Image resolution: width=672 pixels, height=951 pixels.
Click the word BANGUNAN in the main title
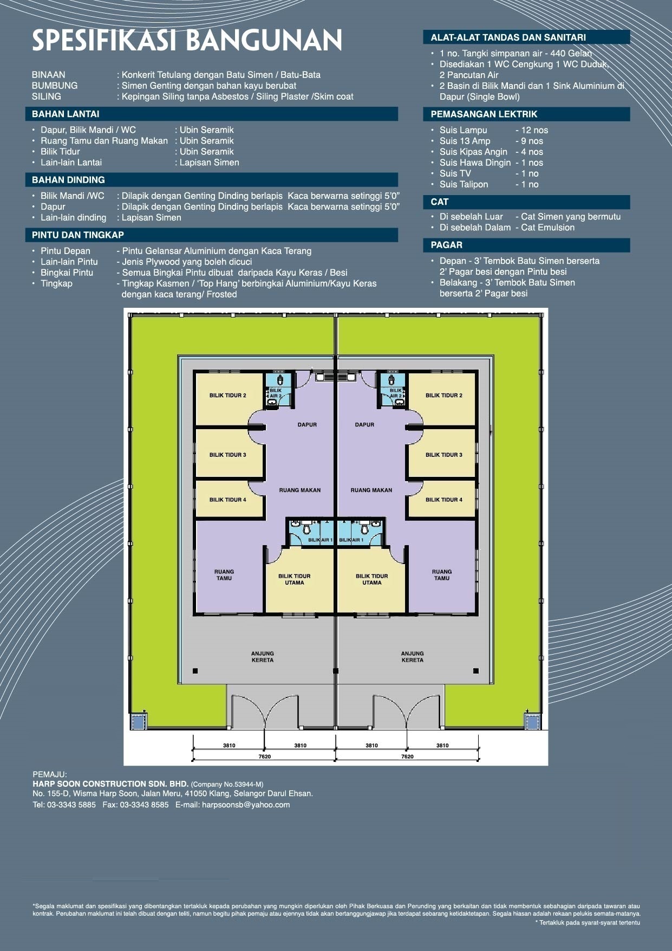(x=265, y=41)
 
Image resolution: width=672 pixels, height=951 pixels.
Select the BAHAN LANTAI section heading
(x=66, y=114)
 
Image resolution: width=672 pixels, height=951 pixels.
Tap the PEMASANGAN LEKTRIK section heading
(x=484, y=114)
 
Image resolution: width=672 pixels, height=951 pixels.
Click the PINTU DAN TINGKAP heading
(x=78, y=235)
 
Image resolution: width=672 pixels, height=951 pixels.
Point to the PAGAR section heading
(x=447, y=245)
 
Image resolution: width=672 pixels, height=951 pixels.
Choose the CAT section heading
(x=440, y=202)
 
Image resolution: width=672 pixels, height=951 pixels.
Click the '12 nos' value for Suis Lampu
(x=534, y=131)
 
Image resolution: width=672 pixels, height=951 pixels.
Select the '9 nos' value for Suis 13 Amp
(x=532, y=141)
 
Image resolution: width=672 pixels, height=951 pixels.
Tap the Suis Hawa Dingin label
(x=475, y=163)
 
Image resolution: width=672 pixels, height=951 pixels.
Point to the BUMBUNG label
(x=55, y=86)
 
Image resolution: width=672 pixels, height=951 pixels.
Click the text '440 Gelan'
(x=571, y=54)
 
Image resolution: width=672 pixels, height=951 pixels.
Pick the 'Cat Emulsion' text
(x=547, y=228)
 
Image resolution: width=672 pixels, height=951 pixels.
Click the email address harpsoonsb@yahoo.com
(x=246, y=805)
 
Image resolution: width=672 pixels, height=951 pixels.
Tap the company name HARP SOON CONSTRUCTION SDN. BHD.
(x=110, y=784)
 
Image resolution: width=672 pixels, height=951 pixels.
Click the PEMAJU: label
(x=50, y=775)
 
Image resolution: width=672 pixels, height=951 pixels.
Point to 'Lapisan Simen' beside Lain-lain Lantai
(x=210, y=163)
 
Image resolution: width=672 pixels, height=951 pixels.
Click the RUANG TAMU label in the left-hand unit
(x=224, y=575)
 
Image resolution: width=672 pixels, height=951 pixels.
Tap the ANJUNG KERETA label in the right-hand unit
(x=413, y=657)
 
